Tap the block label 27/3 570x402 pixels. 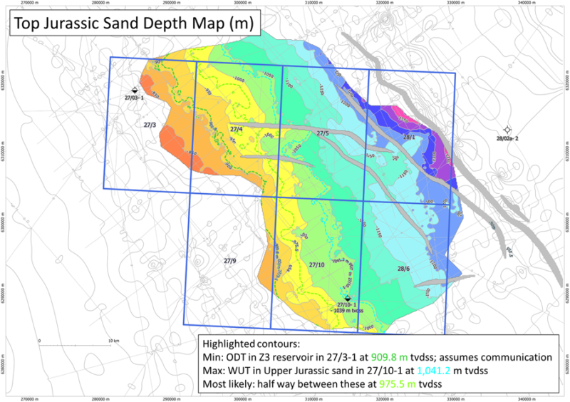tap(150, 125)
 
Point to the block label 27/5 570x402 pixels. tap(322, 133)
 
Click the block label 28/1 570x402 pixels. tap(409, 136)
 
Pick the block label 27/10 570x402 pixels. tap(316, 264)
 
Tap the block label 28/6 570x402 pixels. tap(403, 269)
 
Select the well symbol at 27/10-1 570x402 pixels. tap(347, 298)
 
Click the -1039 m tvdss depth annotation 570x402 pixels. tap(347, 311)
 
